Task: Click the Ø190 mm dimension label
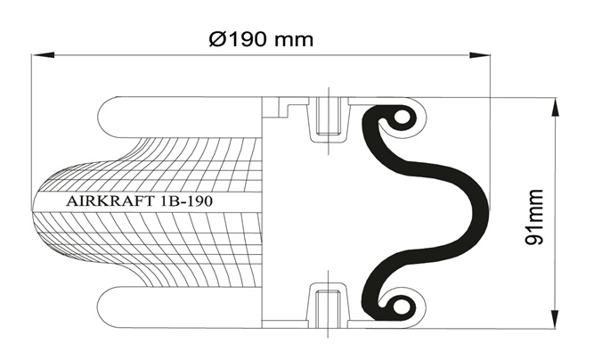point(261,39)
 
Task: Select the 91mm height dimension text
point(533,217)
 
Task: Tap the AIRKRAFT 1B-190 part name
point(140,201)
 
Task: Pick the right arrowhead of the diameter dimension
point(479,55)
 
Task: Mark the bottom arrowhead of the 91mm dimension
point(556,318)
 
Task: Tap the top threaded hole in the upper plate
point(329,116)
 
